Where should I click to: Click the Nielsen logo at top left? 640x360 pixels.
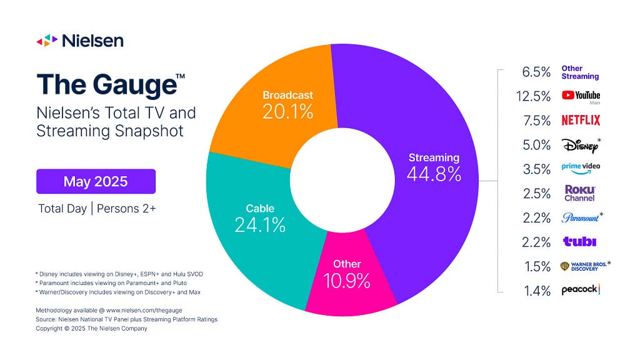click(79, 41)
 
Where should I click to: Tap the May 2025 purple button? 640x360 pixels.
click(96, 182)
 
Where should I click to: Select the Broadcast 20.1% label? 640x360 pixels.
click(287, 104)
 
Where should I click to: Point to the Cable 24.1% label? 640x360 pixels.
click(260, 218)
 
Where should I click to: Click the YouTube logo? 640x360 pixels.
click(581, 96)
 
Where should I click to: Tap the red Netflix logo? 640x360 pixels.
click(581, 120)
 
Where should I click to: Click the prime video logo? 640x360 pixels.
click(581, 169)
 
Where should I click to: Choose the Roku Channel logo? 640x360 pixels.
click(580, 193)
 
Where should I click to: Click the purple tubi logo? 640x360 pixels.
click(579, 242)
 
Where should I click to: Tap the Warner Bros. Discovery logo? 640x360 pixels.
click(583, 266)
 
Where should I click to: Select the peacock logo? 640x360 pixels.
click(581, 289)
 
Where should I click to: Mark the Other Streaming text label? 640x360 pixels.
click(580, 72)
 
